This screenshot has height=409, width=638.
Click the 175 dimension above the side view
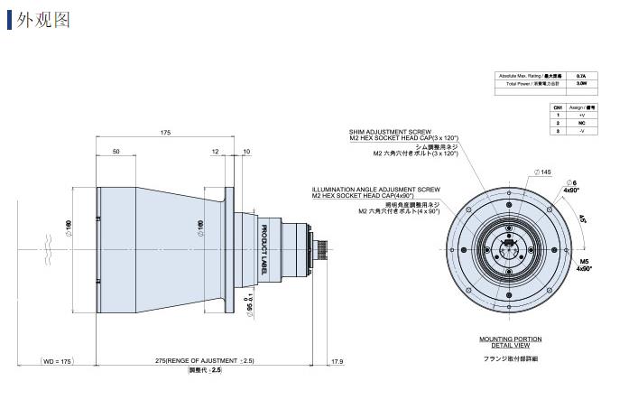click(165, 133)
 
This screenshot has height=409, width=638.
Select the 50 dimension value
click(116, 152)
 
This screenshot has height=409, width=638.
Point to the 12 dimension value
click(215, 152)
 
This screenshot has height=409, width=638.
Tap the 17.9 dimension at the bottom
click(337, 361)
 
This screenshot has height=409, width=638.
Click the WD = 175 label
click(57, 361)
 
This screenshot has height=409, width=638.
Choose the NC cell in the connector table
click(581, 124)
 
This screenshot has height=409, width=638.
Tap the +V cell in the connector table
click(581, 116)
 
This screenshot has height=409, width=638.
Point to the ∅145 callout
click(543, 172)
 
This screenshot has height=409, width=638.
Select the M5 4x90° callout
click(582, 265)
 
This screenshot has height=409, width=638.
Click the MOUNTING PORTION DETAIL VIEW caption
click(510, 341)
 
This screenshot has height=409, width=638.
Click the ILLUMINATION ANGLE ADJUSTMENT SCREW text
click(375, 190)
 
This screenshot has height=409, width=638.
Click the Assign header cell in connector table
click(581, 107)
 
